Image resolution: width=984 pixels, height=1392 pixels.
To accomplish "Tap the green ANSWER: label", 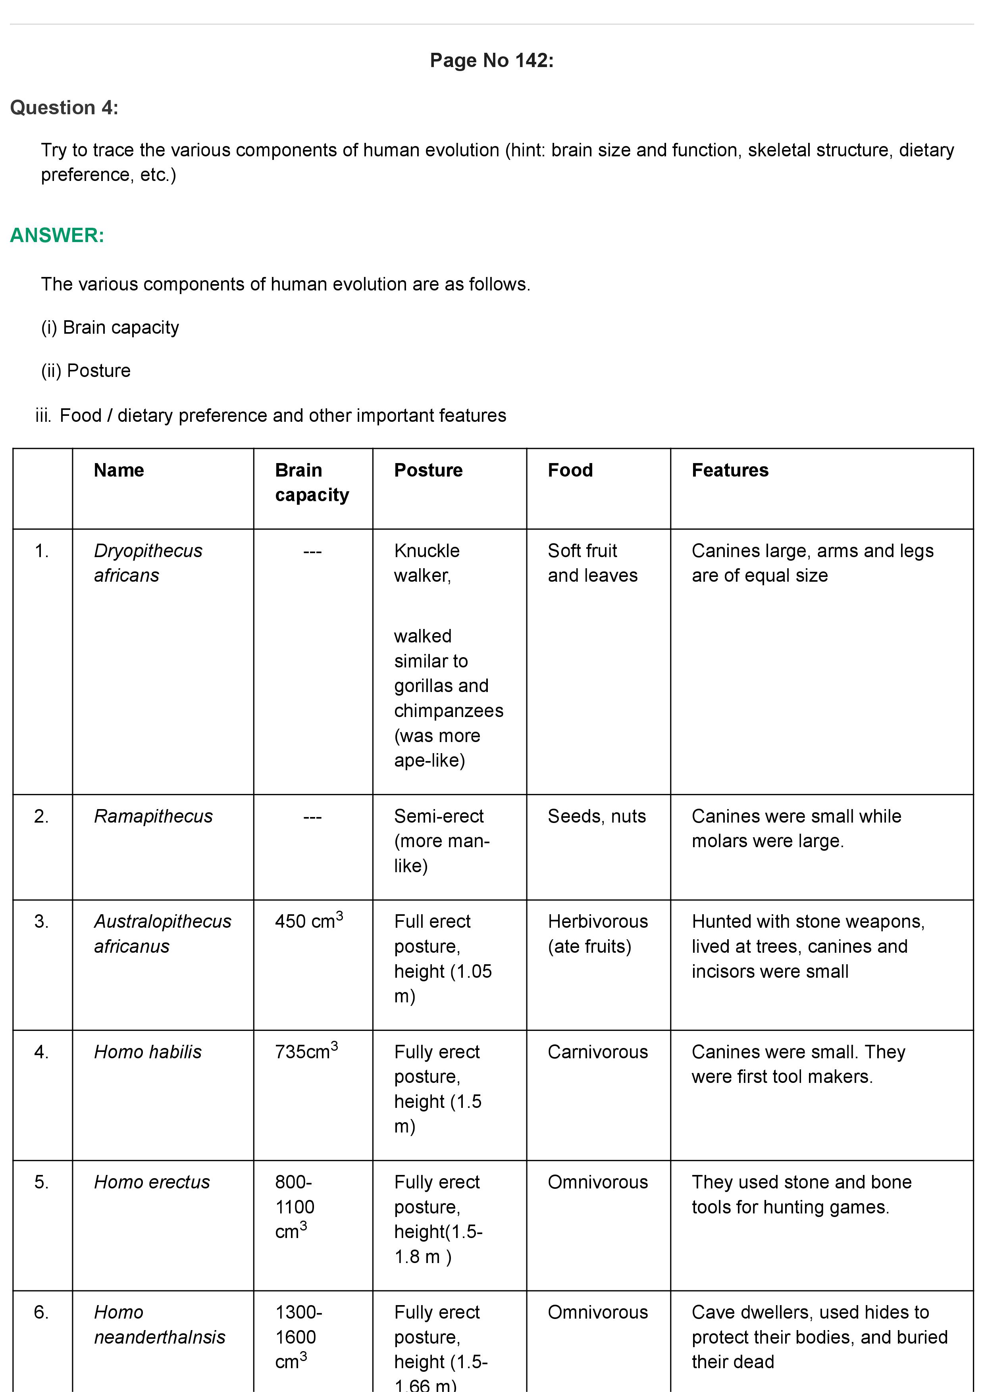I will pos(57,235).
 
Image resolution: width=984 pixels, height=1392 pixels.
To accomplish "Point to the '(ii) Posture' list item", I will pos(85,371).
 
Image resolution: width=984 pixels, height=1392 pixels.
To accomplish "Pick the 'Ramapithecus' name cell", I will pos(153,816).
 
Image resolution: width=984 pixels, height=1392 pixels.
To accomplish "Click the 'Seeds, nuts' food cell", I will pos(597,816).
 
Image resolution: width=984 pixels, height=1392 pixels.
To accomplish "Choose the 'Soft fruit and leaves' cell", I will pos(592,563).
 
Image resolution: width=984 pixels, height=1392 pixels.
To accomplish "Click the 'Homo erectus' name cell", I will pos(152,1182).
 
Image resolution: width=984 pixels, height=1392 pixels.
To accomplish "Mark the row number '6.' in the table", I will pos(41,1312).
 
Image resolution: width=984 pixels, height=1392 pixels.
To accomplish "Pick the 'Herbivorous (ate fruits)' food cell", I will pos(597,934).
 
